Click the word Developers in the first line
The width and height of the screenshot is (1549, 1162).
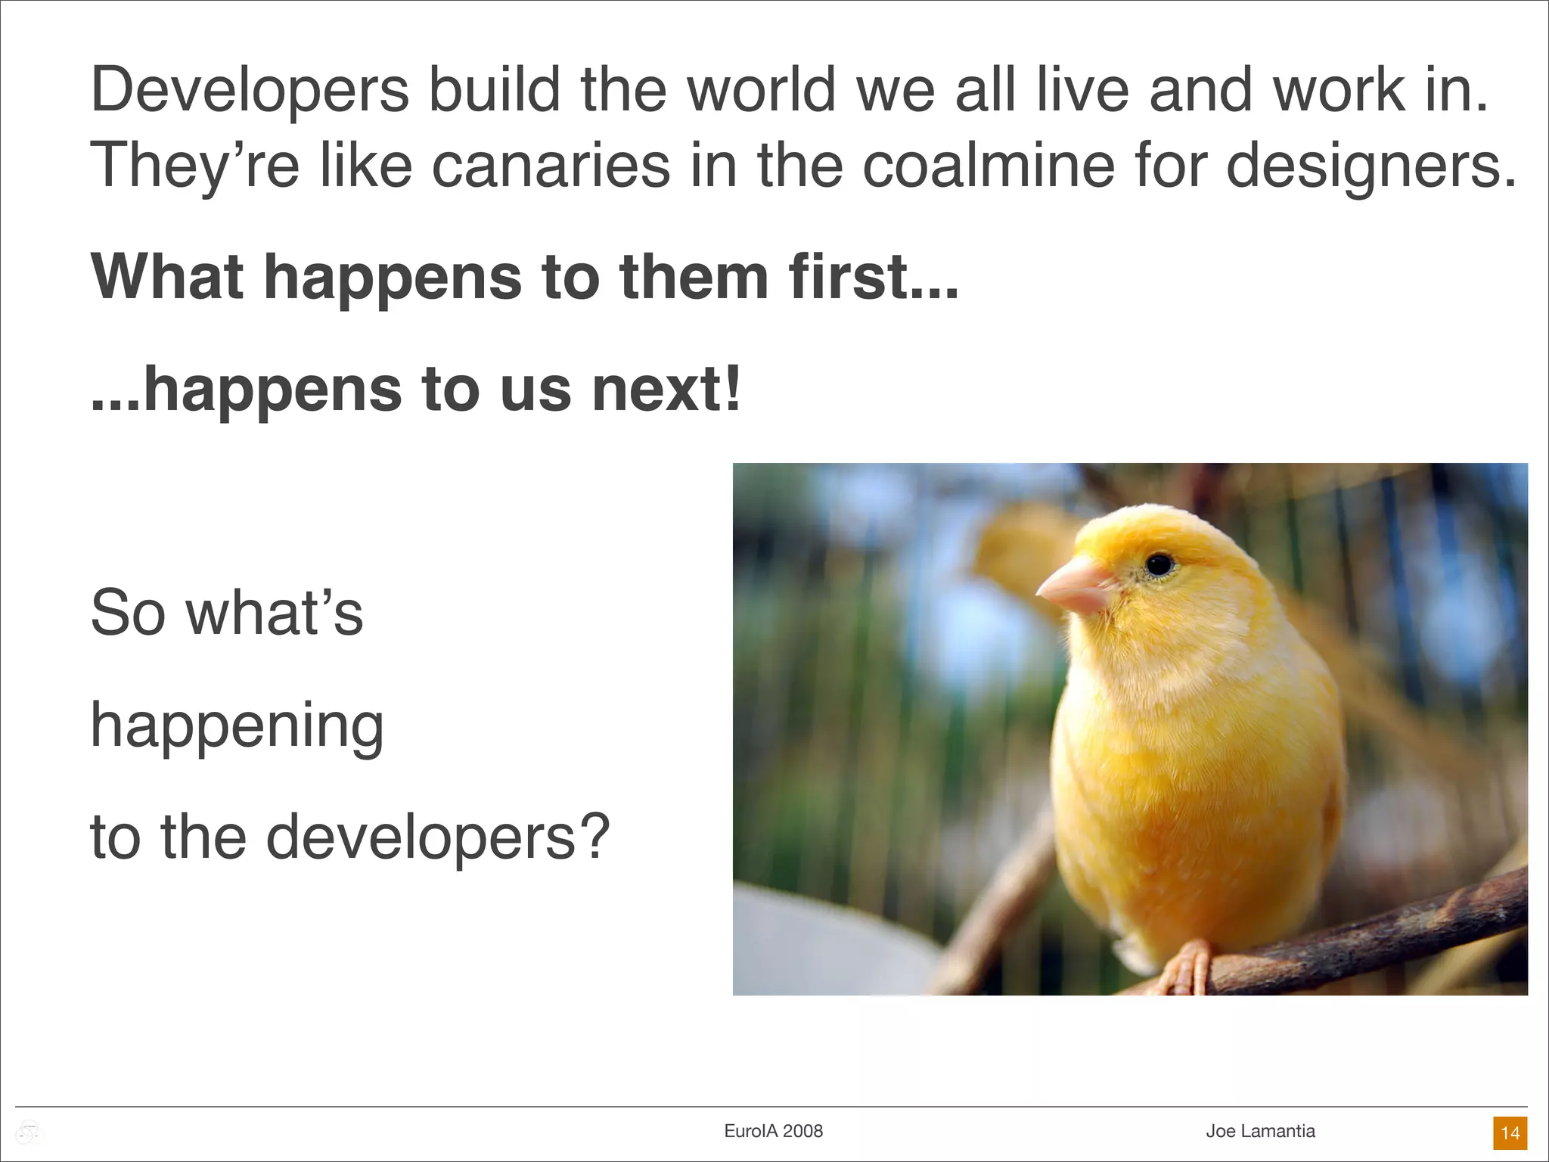pos(250,91)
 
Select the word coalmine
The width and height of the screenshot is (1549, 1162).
pos(989,166)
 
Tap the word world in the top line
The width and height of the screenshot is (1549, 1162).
pos(761,91)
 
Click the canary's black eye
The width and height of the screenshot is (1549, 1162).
pos(1159,564)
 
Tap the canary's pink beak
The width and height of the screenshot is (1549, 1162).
pos(1074,587)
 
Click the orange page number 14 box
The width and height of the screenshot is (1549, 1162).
pos(1510,1132)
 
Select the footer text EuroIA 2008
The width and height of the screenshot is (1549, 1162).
pos(773,1131)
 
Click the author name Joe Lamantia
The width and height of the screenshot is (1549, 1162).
pos(1260,1131)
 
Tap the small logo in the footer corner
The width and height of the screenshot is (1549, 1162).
pos(29,1132)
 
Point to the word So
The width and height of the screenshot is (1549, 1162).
pos(128,613)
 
